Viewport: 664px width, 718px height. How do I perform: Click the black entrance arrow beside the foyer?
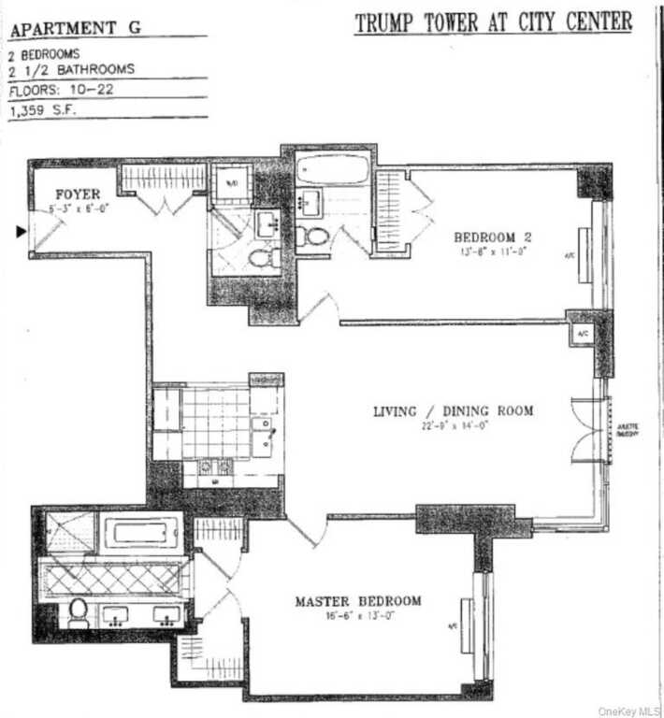[22, 231]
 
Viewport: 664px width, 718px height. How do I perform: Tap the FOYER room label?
[77, 194]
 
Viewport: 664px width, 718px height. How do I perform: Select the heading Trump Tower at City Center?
[493, 22]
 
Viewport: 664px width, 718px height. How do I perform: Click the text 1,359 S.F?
[44, 109]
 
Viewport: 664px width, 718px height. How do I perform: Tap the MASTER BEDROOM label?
[358, 601]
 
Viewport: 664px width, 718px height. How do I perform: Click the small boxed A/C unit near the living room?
[581, 334]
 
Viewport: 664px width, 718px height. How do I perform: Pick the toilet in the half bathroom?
[267, 254]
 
